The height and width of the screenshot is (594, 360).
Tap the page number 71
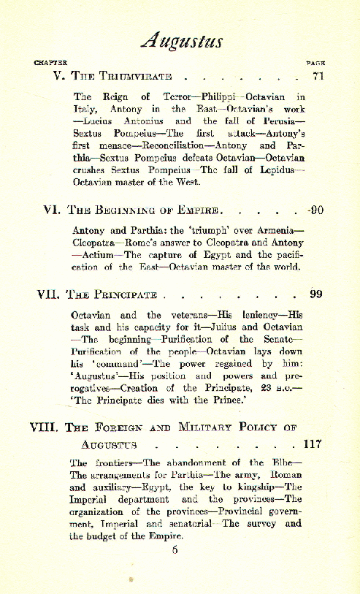(317, 76)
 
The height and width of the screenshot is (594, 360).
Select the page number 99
(315, 294)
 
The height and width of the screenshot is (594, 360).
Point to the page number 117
(312, 443)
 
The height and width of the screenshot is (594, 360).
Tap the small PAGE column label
(315, 63)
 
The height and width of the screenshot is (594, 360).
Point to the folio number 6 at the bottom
(175, 550)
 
